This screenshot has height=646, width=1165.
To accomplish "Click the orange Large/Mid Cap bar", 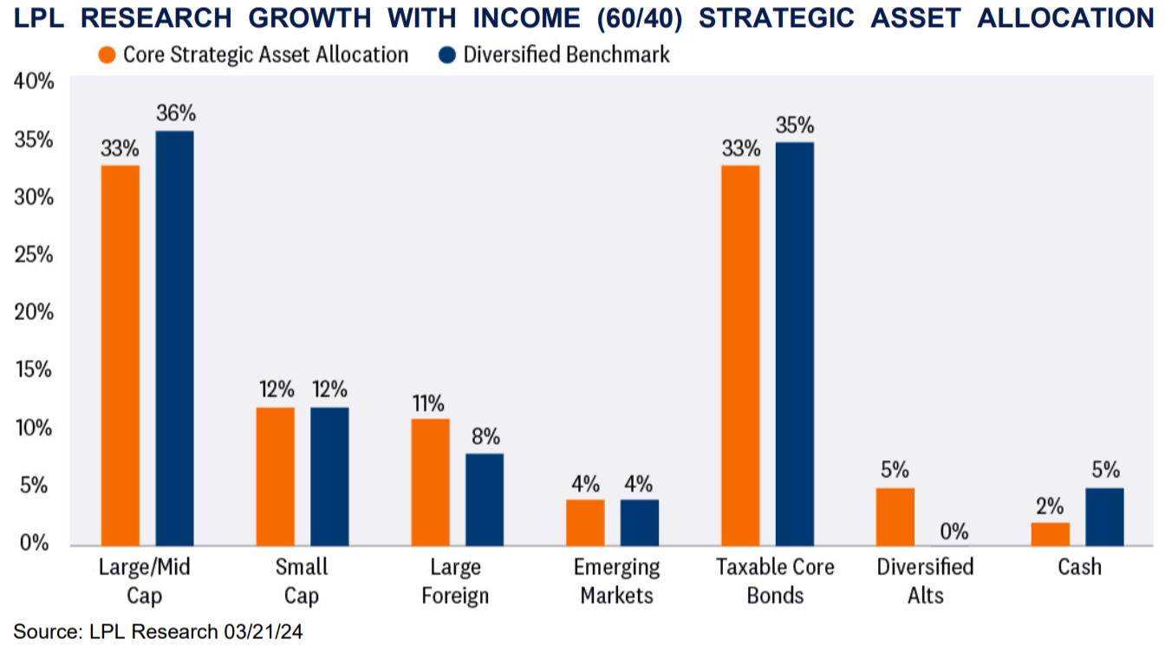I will [x=120, y=356].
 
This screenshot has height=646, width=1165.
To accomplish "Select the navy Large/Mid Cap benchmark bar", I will [x=174, y=338].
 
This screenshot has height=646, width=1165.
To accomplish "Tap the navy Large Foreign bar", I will [x=485, y=499].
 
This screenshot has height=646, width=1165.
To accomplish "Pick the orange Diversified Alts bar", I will [x=895, y=517].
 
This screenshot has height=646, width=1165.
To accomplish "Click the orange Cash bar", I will [x=1050, y=534].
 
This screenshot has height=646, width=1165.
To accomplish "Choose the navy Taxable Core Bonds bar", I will [x=794, y=344].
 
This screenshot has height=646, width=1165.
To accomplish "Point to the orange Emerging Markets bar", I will [x=585, y=523].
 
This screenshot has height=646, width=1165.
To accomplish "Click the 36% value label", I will [x=176, y=114].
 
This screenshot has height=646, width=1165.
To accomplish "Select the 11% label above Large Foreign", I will [x=428, y=403].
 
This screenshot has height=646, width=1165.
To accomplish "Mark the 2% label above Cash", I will [x=1049, y=506].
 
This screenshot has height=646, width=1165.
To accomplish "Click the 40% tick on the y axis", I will [x=34, y=82].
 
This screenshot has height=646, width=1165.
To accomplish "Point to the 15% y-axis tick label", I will [x=34, y=370].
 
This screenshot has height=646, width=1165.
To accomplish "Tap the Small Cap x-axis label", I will [x=302, y=581].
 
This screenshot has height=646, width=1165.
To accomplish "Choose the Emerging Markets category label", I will [x=616, y=581].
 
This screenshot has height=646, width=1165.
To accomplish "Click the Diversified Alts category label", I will [x=925, y=581].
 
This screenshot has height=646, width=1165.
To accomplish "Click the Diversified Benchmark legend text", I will [x=566, y=55].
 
